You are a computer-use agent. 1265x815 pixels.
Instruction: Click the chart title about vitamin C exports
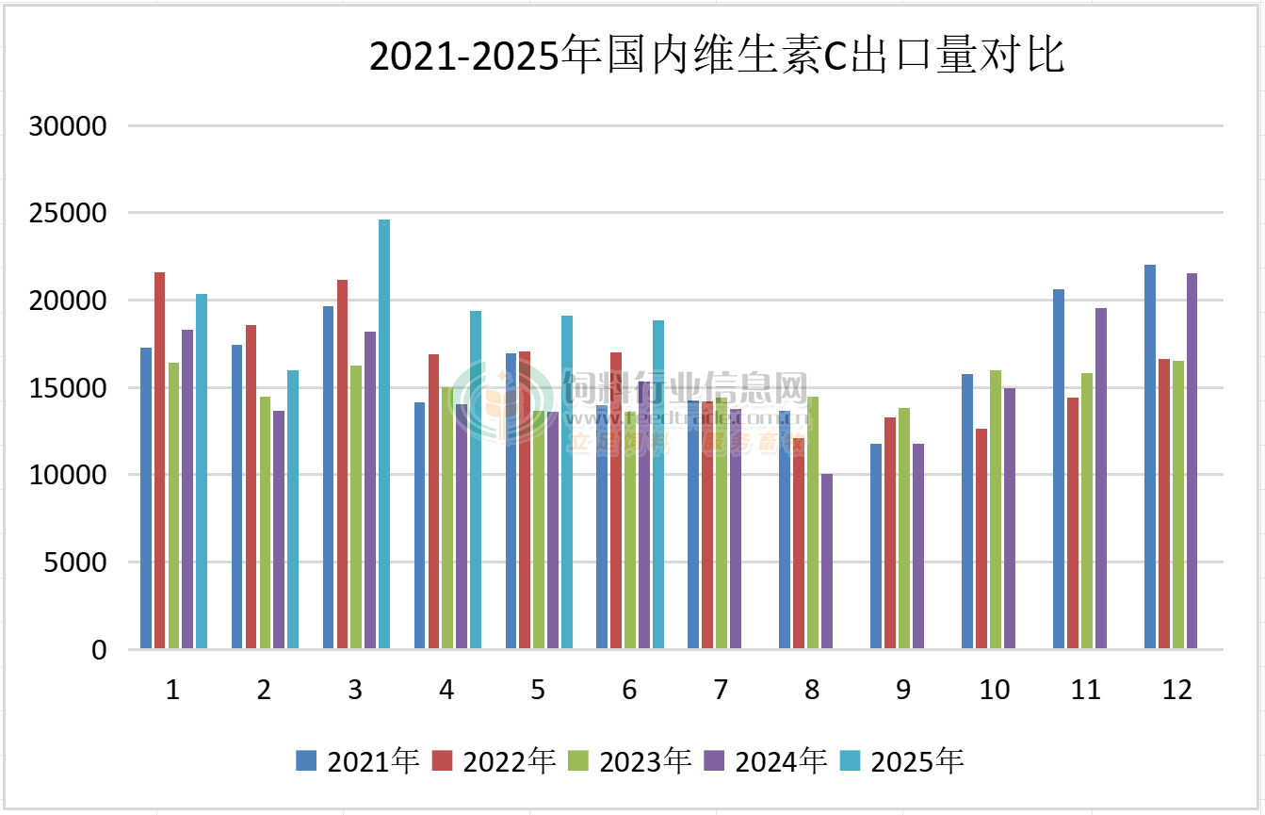pyautogui.click(x=716, y=57)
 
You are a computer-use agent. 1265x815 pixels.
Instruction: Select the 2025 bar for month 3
pyautogui.click(x=384, y=433)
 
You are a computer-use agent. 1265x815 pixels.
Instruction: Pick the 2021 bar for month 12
pyautogui.click(x=1150, y=457)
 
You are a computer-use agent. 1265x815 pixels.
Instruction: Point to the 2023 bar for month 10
pyautogui.click(x=996, y=509)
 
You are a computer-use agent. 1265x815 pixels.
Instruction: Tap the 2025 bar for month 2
pyautogui.click(x=293, y=509)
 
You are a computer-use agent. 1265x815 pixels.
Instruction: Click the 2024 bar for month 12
pyautogui.click(x=1192, y=461)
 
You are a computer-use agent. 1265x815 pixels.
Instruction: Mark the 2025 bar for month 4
pyautogui.click(x=476, y=480)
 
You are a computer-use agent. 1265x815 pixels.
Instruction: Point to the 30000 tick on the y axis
pyautogui.click(x=69, y=126)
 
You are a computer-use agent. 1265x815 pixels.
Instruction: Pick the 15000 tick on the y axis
pyautogui.click(x=69, y=388)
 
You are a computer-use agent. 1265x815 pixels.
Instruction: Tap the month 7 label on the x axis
pyautogui.click(x=721, y=691)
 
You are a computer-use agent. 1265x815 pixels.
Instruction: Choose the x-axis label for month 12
pyautogui.click(x=1177, y=691)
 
